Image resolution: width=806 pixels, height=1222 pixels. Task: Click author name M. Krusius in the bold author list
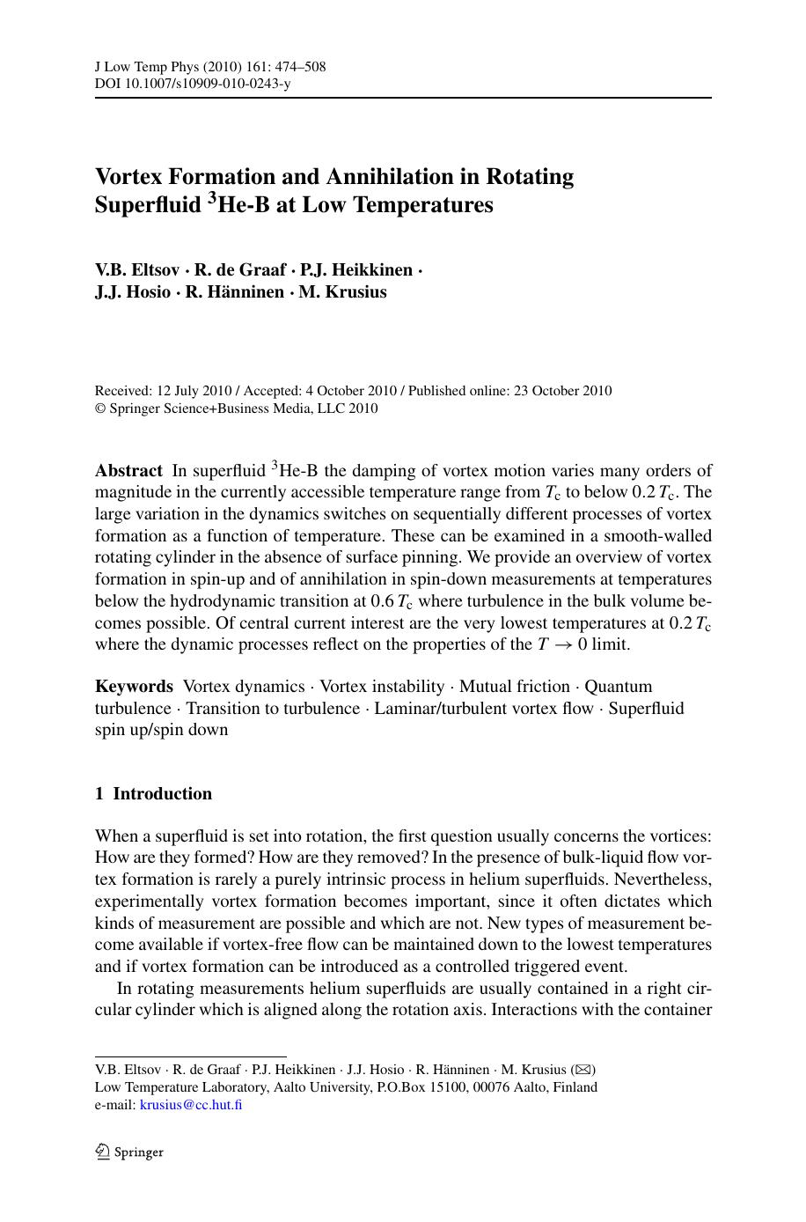point(342,292)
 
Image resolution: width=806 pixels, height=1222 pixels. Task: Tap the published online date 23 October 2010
point(561,391)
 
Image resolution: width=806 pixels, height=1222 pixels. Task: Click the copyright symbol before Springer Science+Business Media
point(99,409)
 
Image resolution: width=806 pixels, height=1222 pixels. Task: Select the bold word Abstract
point(128,471)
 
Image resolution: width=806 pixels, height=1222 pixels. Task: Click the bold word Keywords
point(134,687)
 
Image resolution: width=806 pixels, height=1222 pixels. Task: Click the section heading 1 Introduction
point(153,794)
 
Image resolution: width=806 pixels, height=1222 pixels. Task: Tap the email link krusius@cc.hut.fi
point(191,1105)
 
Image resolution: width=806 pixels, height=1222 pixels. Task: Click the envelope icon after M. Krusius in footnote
point(583,1070)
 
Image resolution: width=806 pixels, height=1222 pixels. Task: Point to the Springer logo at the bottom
point(129,1152)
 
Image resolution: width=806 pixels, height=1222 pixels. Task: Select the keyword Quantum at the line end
point(619,687)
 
